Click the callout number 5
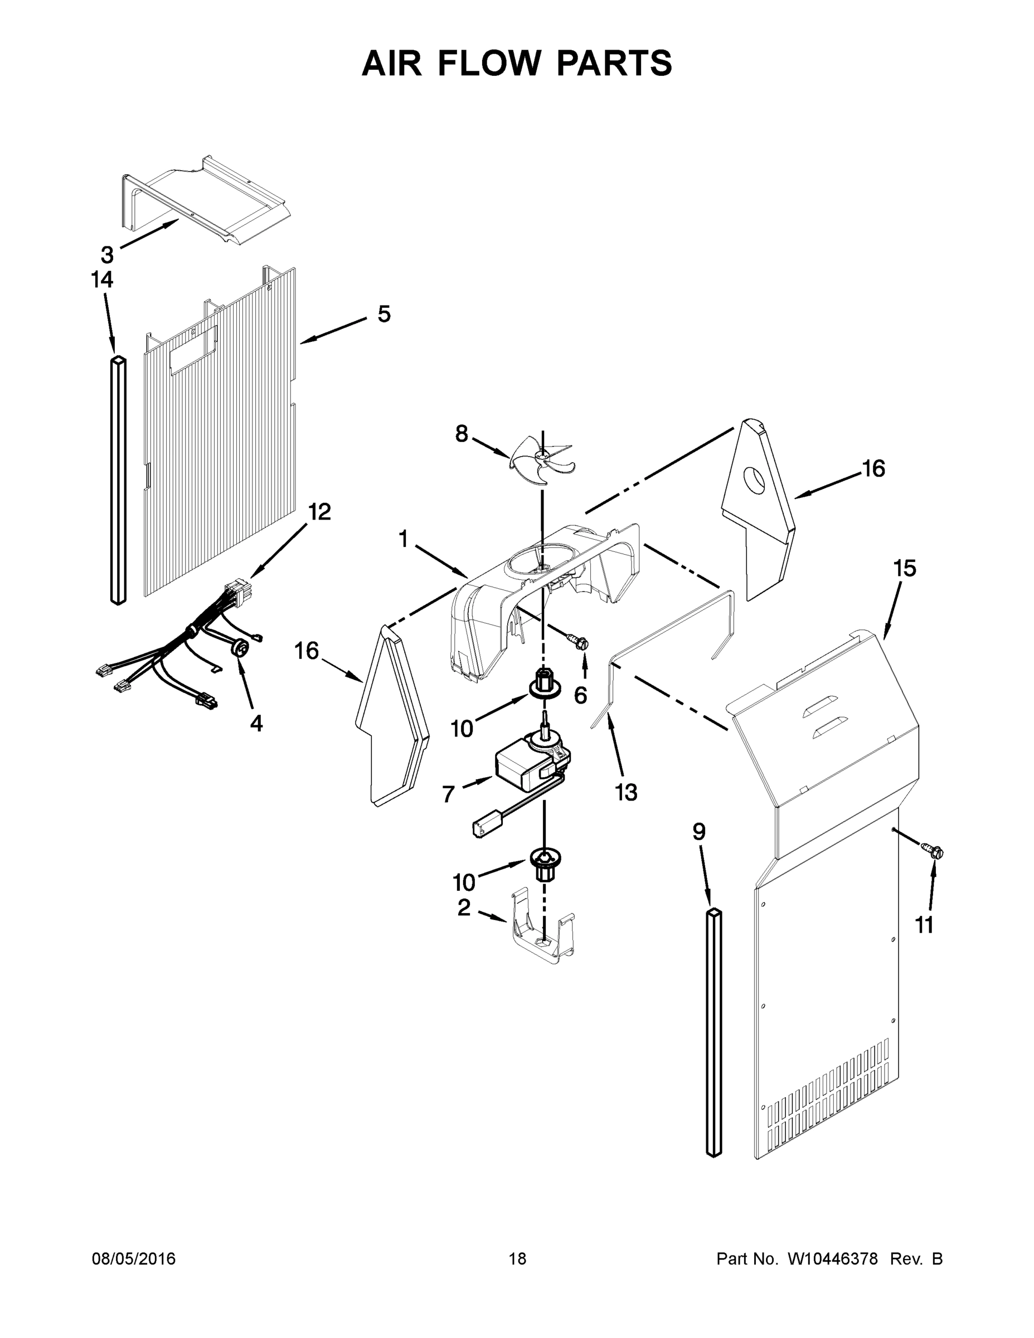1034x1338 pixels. click(x=383, y=314)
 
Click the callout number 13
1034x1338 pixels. click(x=626, y=792)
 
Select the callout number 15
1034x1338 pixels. click(x=904, y=569)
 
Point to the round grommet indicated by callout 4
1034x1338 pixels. click(x=240, y=648)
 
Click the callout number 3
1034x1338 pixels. click(x=107, y=254)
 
